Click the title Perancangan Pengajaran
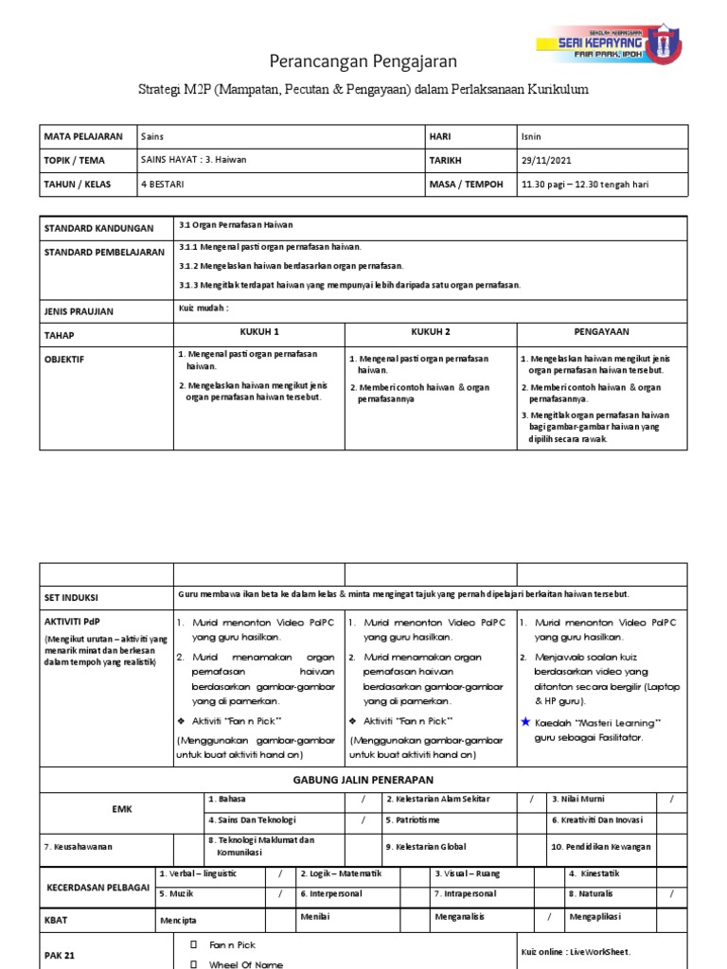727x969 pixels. coord(363,62)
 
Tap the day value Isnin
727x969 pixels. coord(531,136)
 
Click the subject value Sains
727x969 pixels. coord(152,136)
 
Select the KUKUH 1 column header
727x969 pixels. coord(257,332)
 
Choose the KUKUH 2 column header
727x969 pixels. coord(430,332)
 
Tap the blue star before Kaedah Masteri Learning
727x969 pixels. coord(524,723)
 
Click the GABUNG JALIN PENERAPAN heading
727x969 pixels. coord(363,779)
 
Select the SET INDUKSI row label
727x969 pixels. coord(72,598)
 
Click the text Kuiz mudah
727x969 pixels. coord(204,308)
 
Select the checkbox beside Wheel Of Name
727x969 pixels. coord(193,963)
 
